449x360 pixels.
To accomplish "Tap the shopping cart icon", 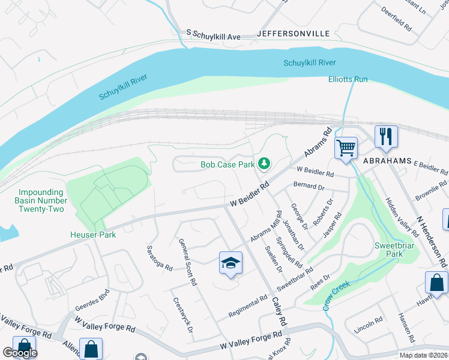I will [346, 147].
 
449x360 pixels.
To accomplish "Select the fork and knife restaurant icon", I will [385, 137].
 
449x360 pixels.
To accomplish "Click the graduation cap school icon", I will [230, 263].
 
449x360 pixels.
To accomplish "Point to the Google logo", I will [20, 353].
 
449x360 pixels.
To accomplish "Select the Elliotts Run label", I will [348, 79].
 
